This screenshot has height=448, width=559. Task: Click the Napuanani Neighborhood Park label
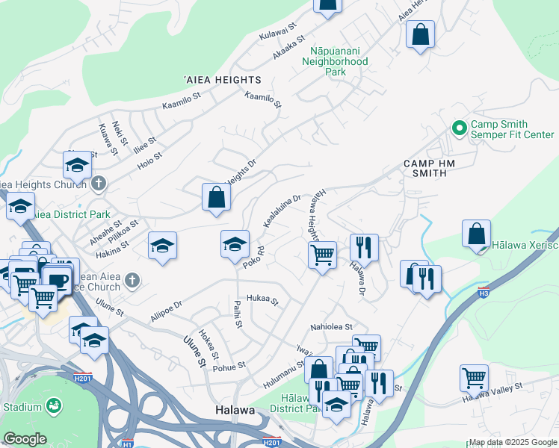pyautogui.click(x=339, y=61)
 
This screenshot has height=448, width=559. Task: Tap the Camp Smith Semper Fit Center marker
pyautogui.click(x=457, y=128)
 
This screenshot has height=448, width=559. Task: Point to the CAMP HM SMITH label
pyautogui.click(x=435, y=168)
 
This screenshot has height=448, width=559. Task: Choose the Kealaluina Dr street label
pyautogui.click(x=282, y=211)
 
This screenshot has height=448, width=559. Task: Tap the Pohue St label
pyautogui.click(x=230, y=367)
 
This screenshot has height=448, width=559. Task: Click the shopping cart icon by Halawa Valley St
pyautogui.click(x=475, y=378)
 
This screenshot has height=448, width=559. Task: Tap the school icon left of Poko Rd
pyautogui.click(x=162, y=246)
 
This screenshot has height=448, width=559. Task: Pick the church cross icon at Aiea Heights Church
pyautogui.click(x=99, y=183)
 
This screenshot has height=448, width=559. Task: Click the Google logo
pyautogui.click(x=25, y=439)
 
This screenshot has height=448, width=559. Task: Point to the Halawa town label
pyautogui.click(x=235, y=411)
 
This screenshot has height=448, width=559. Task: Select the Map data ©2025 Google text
pyautogui.click(x=512, y=442)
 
